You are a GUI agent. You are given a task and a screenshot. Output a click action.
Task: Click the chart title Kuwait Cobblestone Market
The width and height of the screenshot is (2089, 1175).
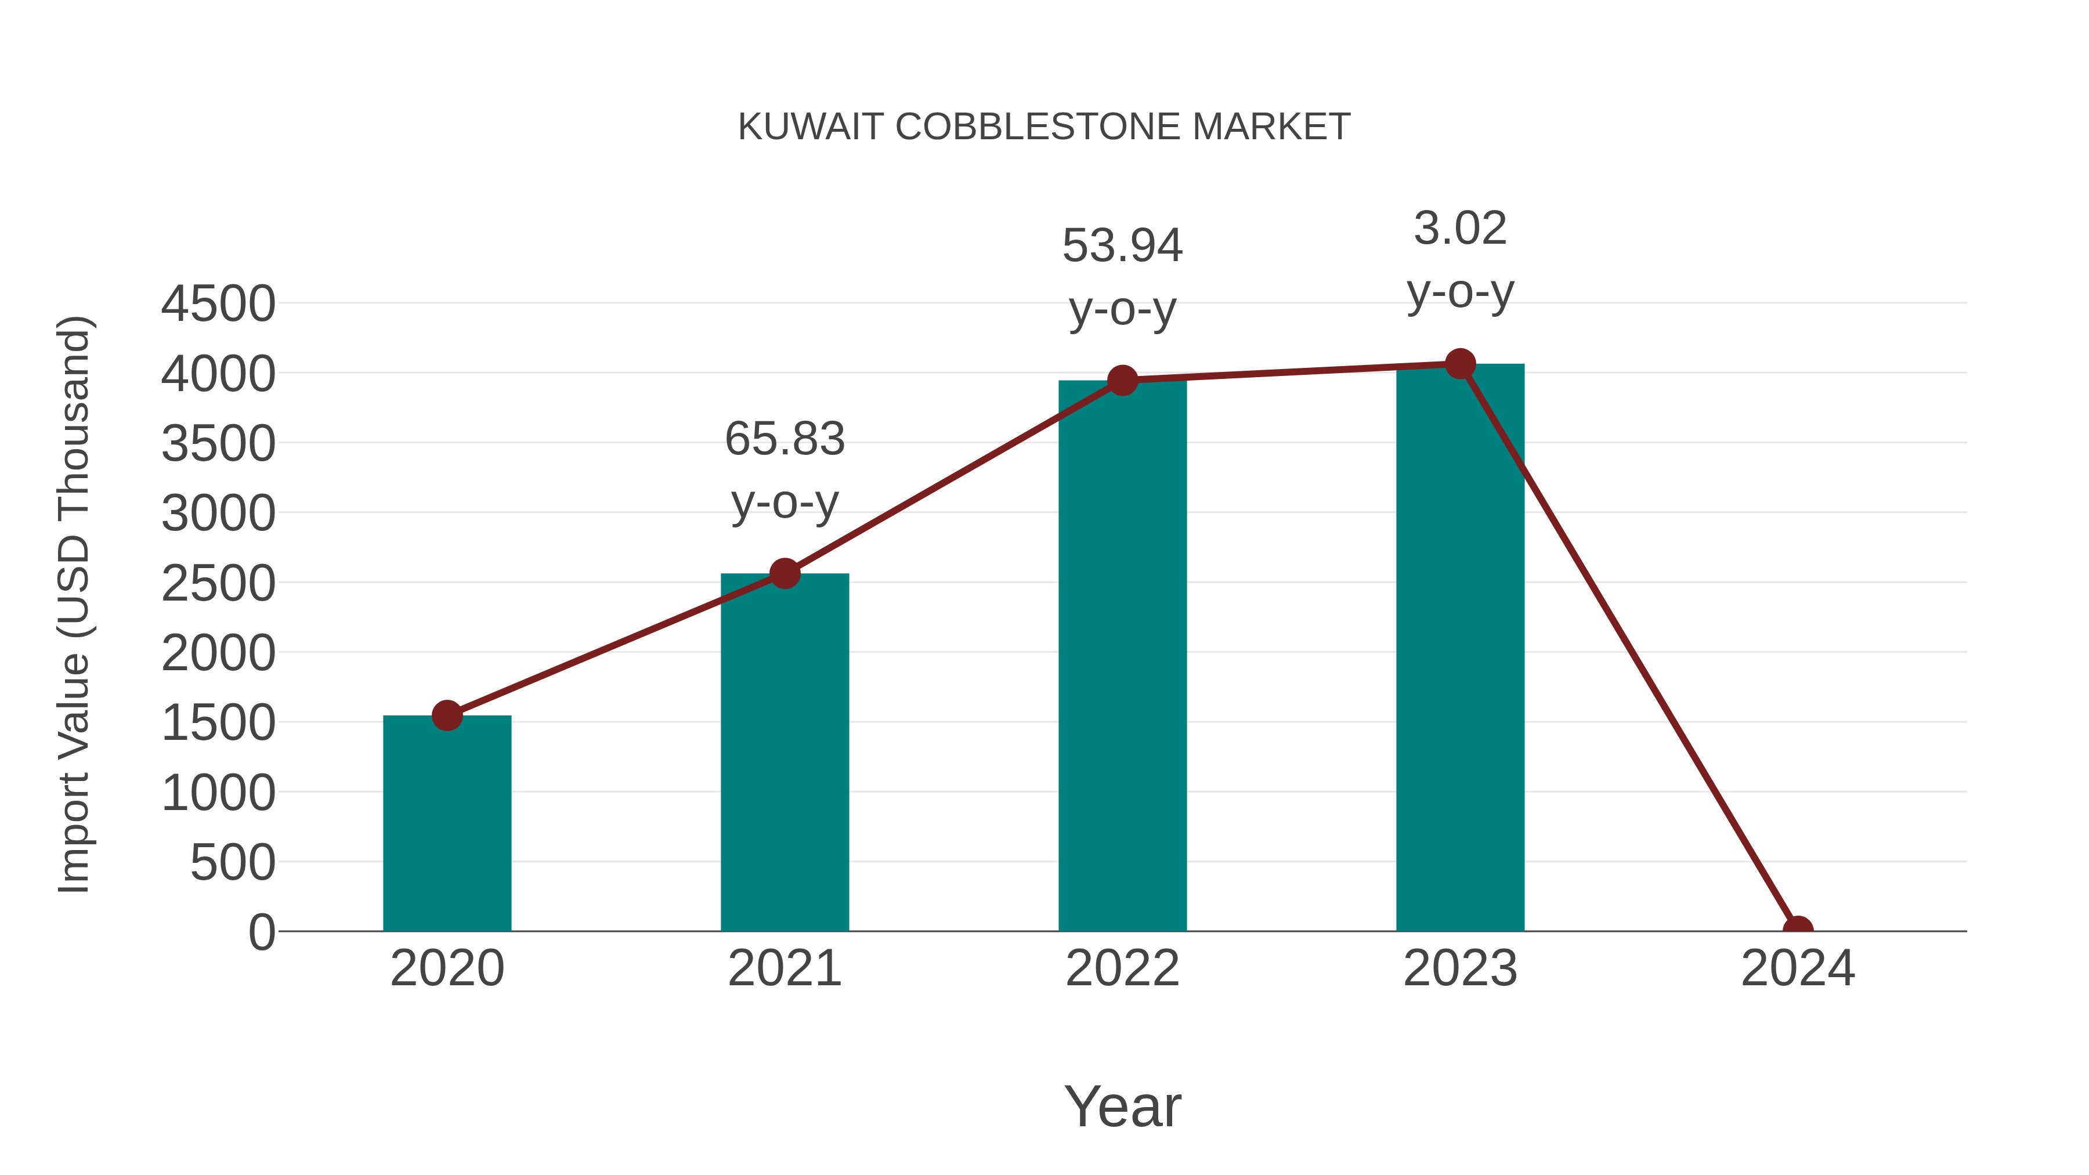(1044, 127)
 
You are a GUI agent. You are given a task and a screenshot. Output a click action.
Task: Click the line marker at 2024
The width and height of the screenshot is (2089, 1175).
(1797, 930)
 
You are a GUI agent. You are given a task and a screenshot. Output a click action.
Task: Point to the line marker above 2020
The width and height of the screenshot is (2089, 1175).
(447, 715)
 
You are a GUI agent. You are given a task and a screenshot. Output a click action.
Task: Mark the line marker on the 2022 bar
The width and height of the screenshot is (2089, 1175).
(1122, 379)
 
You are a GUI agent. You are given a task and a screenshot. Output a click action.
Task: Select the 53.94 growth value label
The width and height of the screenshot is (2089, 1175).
(1122, 245)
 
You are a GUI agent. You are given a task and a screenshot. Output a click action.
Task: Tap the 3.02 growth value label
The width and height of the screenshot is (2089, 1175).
(1460, 228)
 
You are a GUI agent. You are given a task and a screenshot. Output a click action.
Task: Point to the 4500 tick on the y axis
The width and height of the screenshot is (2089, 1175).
(218, 304)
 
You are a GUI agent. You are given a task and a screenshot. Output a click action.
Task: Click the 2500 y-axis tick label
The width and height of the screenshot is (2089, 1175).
(218, 583)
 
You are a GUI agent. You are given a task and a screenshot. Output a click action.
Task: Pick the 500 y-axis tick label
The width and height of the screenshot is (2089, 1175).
(233, 862)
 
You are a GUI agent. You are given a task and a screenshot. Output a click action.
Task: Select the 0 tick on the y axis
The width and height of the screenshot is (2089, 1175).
(262, 932)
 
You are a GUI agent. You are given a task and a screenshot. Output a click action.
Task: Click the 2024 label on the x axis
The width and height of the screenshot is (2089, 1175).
(1797, 968)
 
